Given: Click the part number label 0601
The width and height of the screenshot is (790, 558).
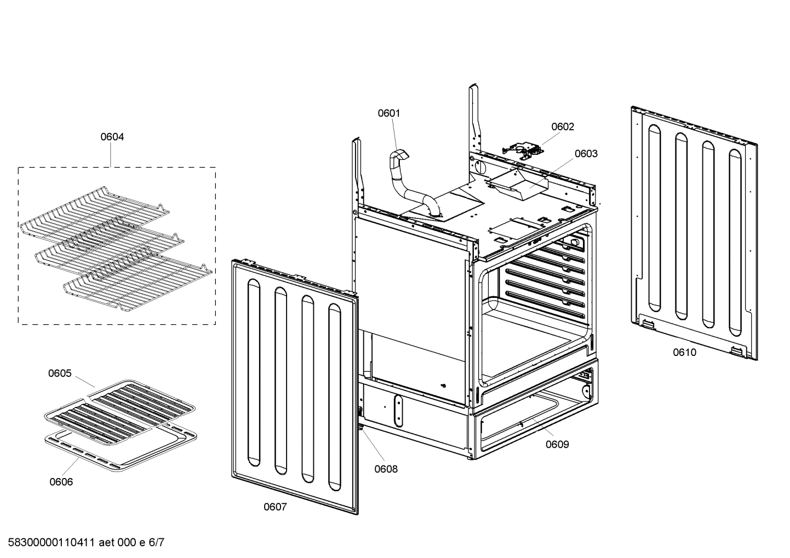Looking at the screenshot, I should pos(388,113).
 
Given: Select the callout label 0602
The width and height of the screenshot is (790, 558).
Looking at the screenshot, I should pos(562,127).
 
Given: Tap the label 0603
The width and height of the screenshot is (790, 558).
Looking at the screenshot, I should pos(586,154).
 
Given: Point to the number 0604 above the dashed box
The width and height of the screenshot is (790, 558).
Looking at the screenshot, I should pos(112,137).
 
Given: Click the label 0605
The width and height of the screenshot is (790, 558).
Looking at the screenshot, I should pos(60,373).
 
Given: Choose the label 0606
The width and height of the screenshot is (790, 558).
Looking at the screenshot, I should pos(61,482).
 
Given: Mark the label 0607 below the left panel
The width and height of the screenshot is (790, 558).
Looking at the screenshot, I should pos(275,507).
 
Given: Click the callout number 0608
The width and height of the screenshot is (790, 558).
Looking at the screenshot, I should pos(386,469).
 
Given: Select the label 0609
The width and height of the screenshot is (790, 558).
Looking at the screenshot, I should pos(557,445).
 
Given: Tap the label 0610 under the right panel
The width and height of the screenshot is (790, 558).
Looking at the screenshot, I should pos(684,353).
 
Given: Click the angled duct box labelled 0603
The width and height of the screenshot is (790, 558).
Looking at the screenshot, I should pos(515,183).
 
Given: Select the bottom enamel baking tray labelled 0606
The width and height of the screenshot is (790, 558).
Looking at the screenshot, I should pos(121,449).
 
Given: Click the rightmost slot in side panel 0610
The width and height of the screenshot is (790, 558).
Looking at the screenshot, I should pos(735,241).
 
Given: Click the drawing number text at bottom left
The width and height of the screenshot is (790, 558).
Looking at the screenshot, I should pos(82,543).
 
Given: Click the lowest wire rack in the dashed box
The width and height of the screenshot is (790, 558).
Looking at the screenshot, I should pos(137,285).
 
